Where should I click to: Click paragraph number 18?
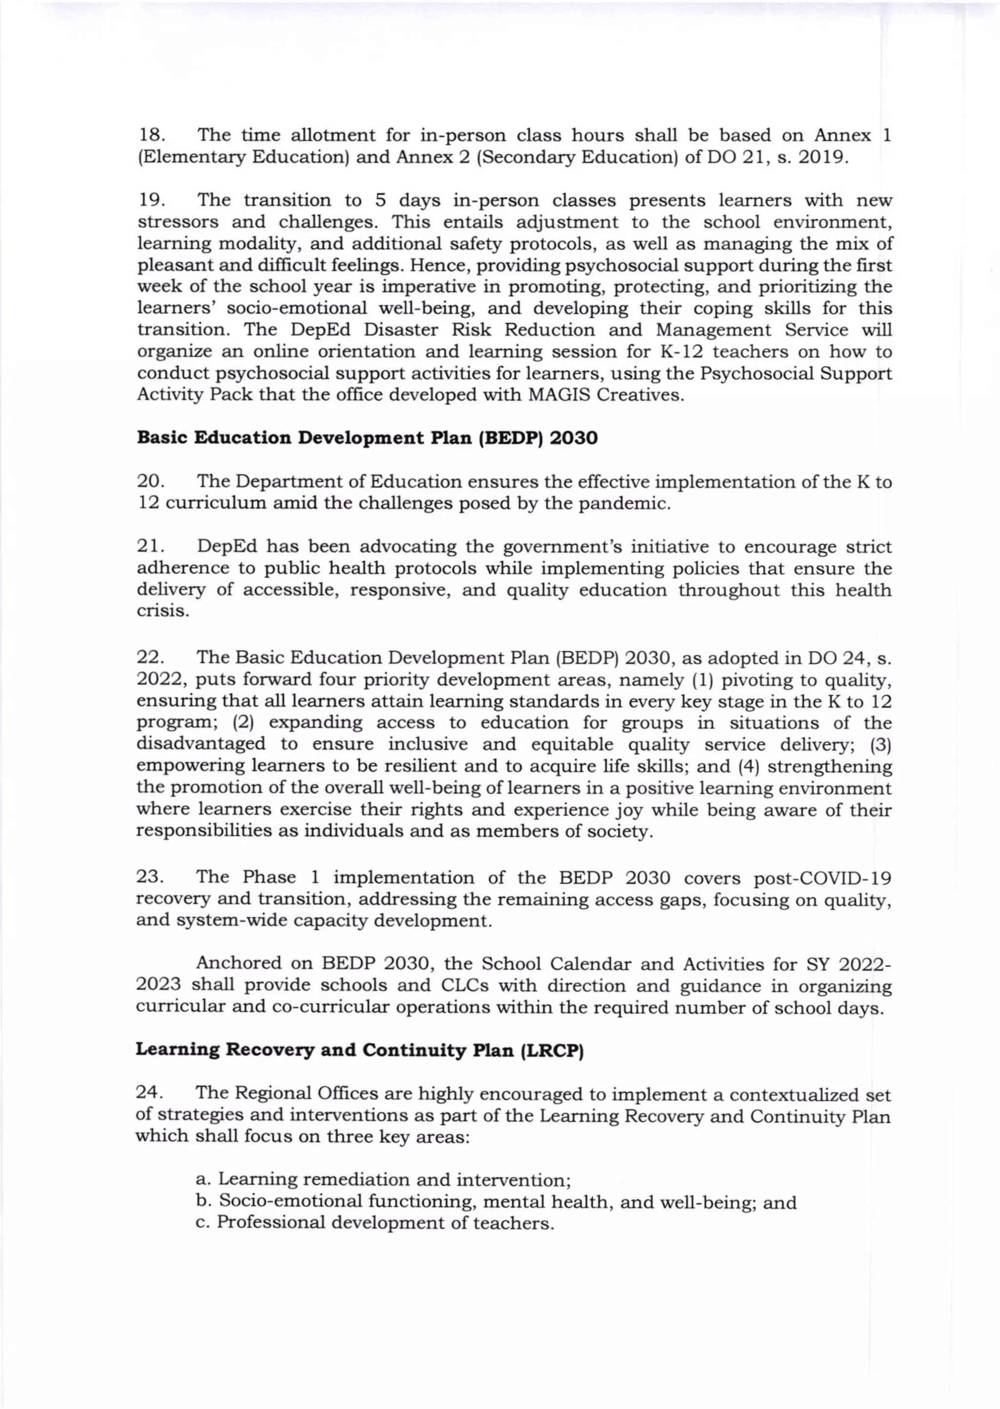[149, 135]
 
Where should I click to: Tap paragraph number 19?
[149, 200]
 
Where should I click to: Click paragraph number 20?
[149, 482]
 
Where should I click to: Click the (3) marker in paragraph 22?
[880, 744]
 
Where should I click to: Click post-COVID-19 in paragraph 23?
[823, 877]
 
